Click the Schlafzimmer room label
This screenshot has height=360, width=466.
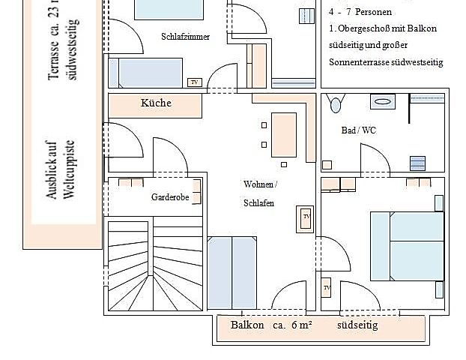(185, 37)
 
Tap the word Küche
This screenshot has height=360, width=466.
(156, 103)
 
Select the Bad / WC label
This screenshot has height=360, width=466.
(358, 130)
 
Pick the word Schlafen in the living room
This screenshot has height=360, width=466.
(257, 203)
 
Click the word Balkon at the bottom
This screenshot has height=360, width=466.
(247, 325)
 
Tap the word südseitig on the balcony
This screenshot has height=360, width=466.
(358, 325)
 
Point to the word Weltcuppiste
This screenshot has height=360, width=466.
(68, 169)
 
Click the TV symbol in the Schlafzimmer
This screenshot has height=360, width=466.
(194, 82)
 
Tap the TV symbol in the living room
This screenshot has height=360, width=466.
(306, 217)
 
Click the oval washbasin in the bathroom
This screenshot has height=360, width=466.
(383, 100)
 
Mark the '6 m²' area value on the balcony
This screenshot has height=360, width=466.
(300, 325)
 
